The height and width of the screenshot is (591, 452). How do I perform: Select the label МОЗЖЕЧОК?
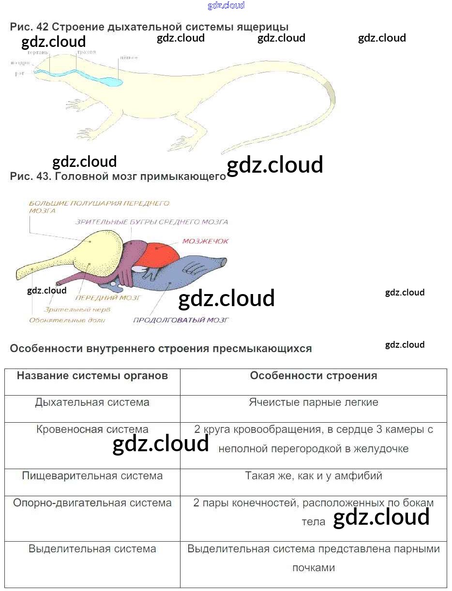click(205, 241)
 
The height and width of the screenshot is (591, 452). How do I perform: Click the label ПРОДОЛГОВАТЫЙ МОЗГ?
click(181, 320)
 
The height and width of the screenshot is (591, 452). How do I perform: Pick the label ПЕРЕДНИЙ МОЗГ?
click(108, 298)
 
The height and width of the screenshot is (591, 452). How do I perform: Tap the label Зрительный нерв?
click(77, 309)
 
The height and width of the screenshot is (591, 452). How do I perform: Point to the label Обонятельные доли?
click(67, 320)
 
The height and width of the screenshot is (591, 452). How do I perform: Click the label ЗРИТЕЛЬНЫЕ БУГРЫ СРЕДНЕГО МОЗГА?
click(151, 222)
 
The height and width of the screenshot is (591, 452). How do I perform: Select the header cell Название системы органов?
click(92, 376)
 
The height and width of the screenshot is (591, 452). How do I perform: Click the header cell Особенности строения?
click(313, 376)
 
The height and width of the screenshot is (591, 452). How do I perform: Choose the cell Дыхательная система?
click(92, 402)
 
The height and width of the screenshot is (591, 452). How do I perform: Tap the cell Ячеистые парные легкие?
click(313, 402)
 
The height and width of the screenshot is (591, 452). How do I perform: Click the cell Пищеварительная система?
click(92, 476)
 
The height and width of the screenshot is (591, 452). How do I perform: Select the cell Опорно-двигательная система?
click(92, 503)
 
